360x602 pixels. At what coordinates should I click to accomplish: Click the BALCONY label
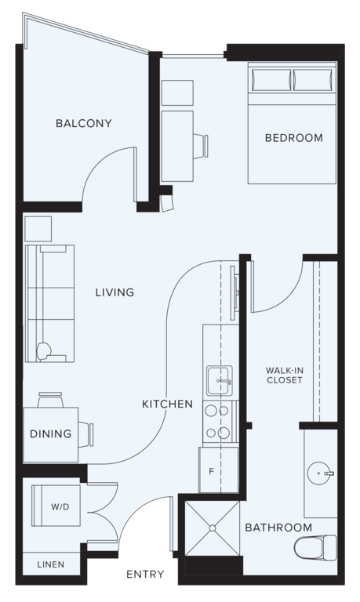pyautogui.click(x=83, y=123)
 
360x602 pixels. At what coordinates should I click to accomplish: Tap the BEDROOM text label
pyautogui.click(x=293, y=138)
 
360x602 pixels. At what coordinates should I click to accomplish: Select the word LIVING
pyautogui.click(x=115, y=292)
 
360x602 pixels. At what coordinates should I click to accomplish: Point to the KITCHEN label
pyautogui.click(x=167, y=404)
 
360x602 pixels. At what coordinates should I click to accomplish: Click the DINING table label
pyautogui.click(x=51, y=433)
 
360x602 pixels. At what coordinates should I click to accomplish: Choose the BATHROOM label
pyautogui.click(x=278, y=528)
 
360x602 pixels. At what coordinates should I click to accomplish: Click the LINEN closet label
pyautogui.click(x=50, y=564)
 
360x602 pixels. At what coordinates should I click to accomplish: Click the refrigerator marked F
pyautogui.click(x=211, y=472)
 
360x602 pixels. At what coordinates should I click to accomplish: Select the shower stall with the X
pyautogui.click(x=211, y=527)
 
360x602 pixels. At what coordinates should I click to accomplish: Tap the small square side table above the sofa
pyautogui.click(x=38, y=229)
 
